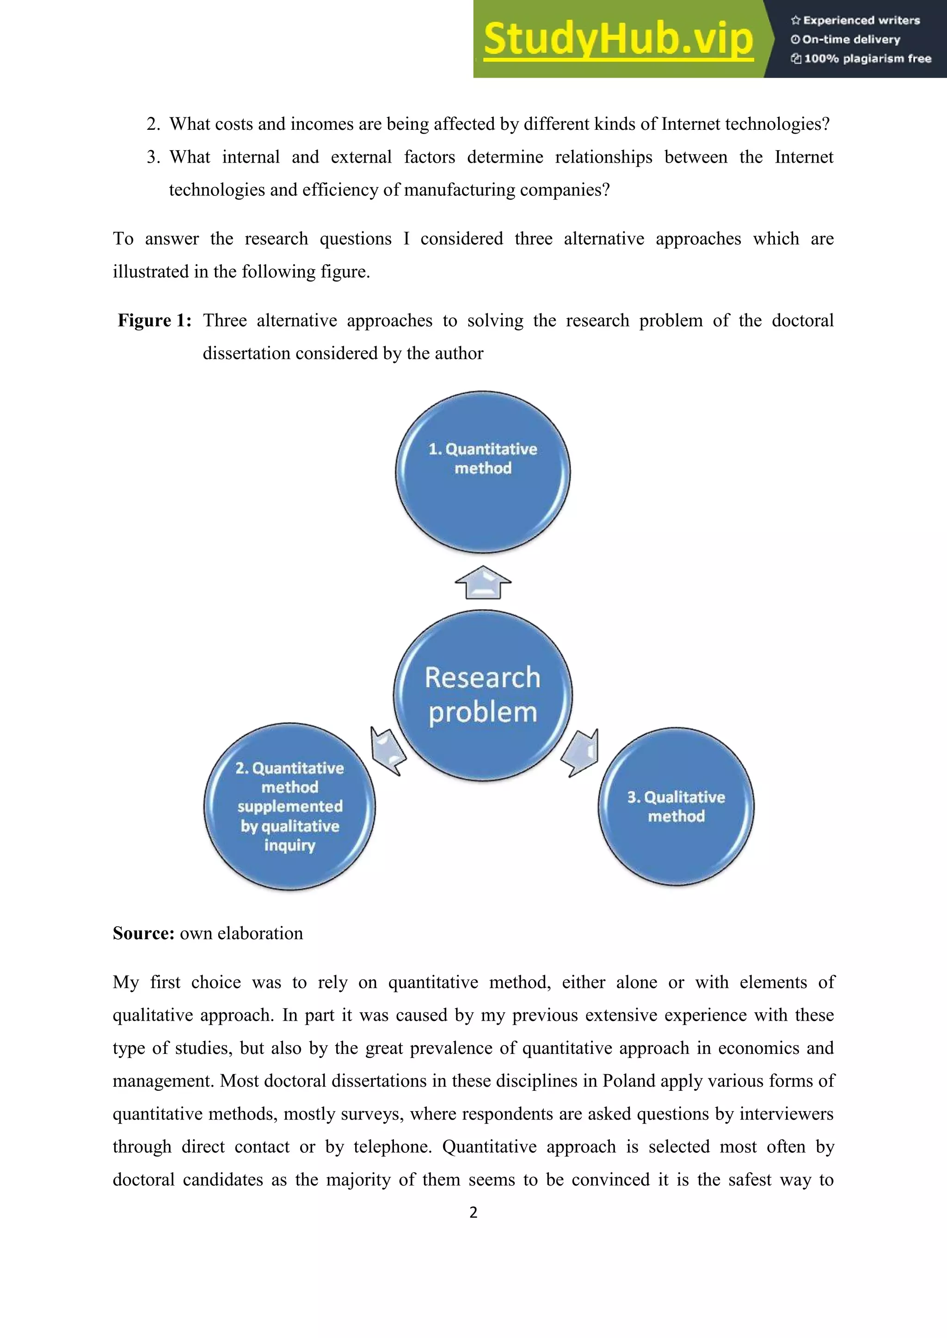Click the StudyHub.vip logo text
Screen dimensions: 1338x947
618,40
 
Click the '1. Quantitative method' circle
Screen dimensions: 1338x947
483,472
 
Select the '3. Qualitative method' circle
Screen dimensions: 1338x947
676,807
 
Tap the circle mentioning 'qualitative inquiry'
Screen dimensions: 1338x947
290,807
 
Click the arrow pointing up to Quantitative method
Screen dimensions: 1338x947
483,582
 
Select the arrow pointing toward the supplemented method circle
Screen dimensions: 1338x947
388,751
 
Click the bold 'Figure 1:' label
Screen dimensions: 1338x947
154,321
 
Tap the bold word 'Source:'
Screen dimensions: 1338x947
143,933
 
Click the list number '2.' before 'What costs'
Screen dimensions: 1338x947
154,124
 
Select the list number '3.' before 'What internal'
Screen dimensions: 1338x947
154,158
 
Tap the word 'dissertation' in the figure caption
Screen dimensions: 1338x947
246,353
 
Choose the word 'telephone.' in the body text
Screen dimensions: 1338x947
392,1147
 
